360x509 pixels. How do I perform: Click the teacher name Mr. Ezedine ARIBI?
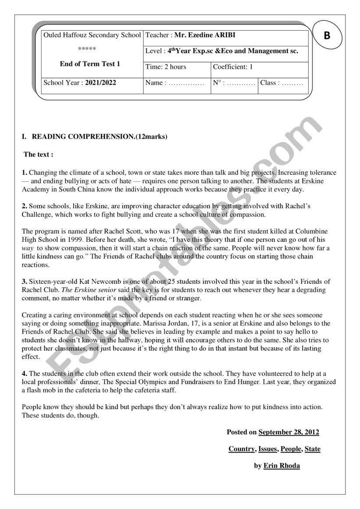(x=204, y=35)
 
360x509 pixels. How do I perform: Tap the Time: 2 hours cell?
(x=166, y=67)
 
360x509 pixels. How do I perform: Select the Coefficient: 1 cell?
(x=233, y=67)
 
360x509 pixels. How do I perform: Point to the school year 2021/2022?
(x=100, y=82)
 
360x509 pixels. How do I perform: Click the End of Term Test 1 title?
(x=90, y=64)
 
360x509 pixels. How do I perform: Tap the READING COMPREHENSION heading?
(x=100, y=137)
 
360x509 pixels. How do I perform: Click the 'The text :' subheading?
(x=39, y=154)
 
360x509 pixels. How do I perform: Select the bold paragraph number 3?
(x=25, y=281)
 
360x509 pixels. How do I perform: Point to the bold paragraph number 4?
(x=25, y=374)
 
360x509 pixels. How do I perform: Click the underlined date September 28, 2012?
(x=289, y=432)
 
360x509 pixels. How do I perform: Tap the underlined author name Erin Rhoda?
(x=282, y=466)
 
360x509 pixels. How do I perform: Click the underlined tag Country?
(x=241, y=449)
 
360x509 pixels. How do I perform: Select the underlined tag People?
(x=291, y=449)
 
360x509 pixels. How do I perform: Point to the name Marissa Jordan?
(x=160, y=324)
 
